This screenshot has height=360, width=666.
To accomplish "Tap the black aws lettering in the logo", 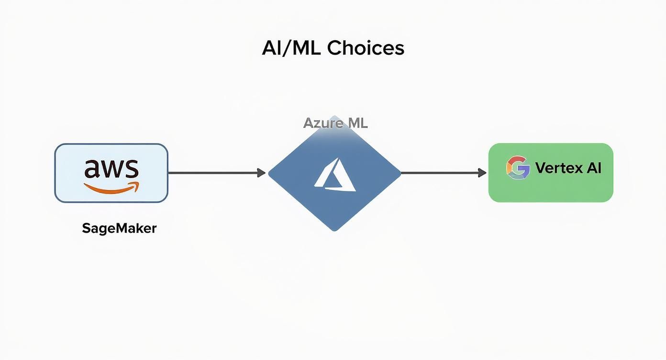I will click(111, 169).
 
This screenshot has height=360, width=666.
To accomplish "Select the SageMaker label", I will click(119, 228).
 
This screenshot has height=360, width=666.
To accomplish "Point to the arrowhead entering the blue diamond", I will click(261, 173).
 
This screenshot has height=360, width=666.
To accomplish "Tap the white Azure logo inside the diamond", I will click(335, 175).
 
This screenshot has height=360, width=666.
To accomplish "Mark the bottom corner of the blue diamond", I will click(334, 230).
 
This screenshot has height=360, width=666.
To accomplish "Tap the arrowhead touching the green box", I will click(482, 173).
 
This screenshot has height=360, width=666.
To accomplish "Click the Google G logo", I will click(518, 168).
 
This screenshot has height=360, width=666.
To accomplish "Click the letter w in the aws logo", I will click(112, 169).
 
